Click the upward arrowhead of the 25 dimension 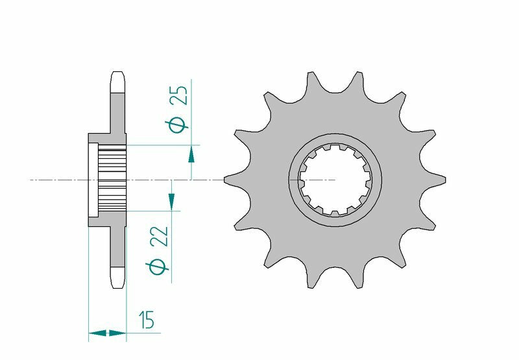pyautogui.click(x=191, y=154)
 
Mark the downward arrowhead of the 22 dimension pyautogui.click(x=172, y=202)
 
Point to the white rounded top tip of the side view pyautogui.click(x=117, y=81)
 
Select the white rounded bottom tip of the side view pyautogui.click(x=117, y=277)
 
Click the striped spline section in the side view pyautogui.click(x=112, y=179)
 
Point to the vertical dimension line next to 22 pyautogui.click(x=172, y=253)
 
